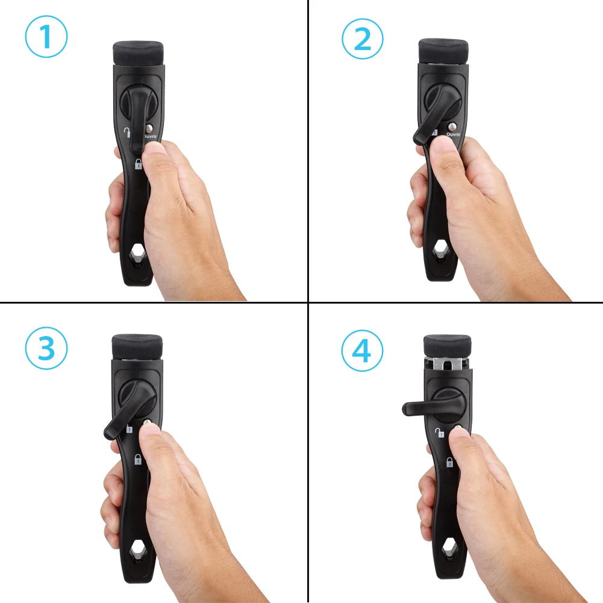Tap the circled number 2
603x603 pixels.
coord(363,38)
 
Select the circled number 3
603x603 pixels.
coord(46,348)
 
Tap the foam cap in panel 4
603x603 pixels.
coord(446,345)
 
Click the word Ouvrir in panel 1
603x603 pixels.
coord(151,136)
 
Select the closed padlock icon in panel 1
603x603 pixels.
coord(138,164)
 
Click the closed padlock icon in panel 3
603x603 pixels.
coord(138,460)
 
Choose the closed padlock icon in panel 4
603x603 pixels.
coord(449,463)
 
